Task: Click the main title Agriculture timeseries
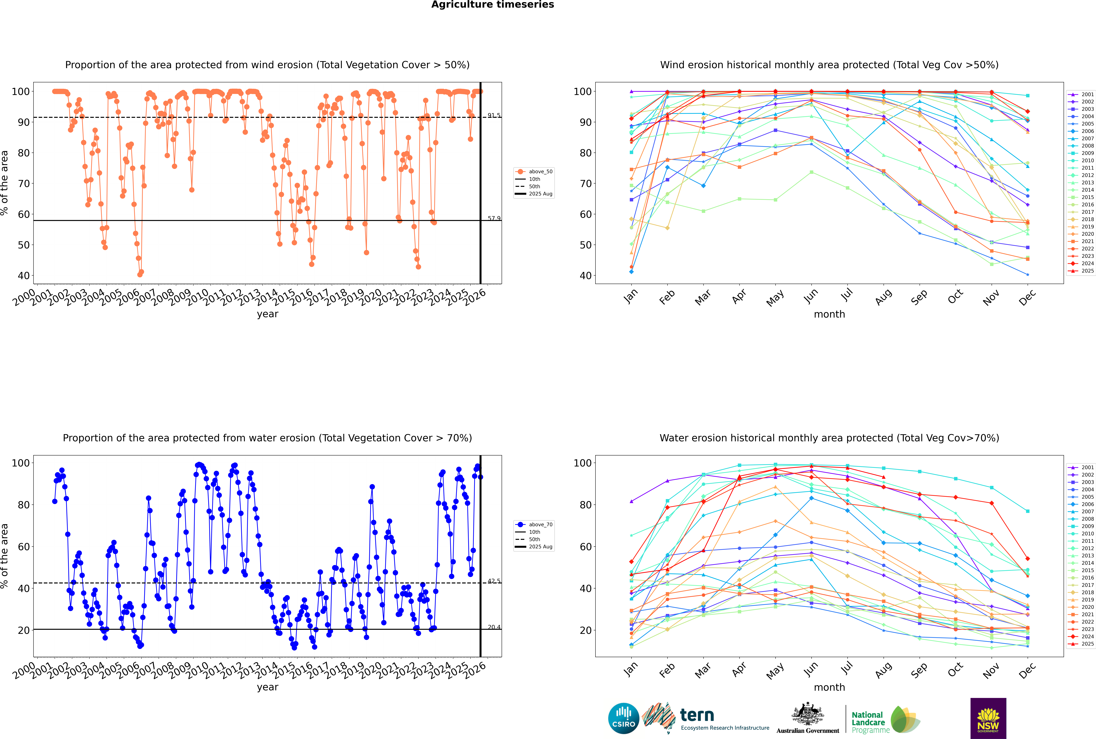coord(492,5)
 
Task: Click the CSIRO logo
coord(623,718)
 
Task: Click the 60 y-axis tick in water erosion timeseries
coord(24,547)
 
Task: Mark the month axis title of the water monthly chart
coord(829,687)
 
